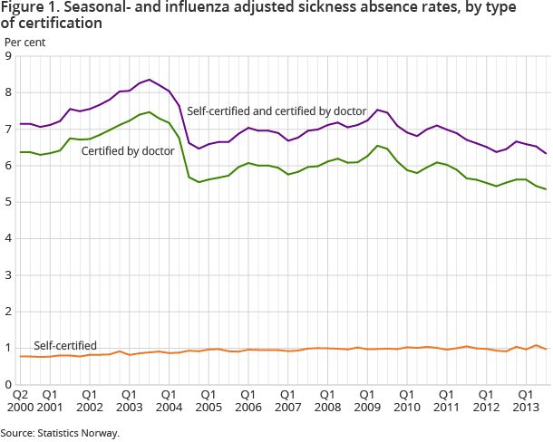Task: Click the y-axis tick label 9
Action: click(x=8, y=56)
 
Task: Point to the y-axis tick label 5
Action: click(x=8, y=202)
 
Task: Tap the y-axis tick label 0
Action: click(x=8, y=384)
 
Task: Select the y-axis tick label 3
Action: click(x=8, y=274)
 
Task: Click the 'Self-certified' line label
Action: click(x=65, y=345)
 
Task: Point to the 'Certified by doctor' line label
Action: click(x=128, y=150)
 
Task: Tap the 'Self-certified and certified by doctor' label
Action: click(x=276, y=110)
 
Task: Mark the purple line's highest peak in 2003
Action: click(x=150, y=80)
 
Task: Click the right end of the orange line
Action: click(x=545, y=349)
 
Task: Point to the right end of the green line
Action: click(x=545, y=189)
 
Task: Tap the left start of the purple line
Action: click(x=20, y=124)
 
